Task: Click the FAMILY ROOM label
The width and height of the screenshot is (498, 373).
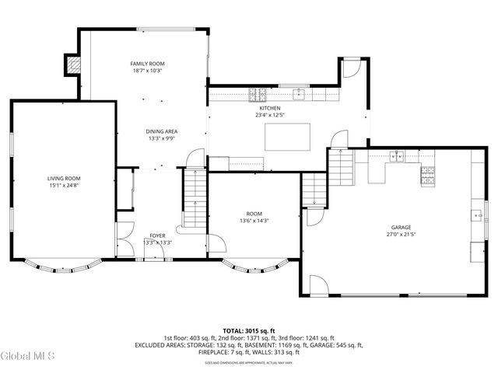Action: pos(147,64)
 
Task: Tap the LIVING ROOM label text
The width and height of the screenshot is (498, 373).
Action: pos(64,178)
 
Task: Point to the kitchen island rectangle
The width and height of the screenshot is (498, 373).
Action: pos(287,136)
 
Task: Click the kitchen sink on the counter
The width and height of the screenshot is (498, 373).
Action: pos(297,95)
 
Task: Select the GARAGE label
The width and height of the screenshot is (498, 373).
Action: pos(401,227)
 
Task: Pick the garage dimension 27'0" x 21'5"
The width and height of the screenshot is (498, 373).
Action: pos(401,234)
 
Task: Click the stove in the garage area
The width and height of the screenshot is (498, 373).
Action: pos(427,176)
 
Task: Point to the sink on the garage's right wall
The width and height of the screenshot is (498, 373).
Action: pos(476,214)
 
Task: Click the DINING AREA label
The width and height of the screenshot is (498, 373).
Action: pos(161,132)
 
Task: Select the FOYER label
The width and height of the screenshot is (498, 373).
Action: pos(158,235)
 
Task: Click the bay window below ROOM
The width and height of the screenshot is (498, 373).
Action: pos(255,268)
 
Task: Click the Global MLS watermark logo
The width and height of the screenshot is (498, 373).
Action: pos(28,356)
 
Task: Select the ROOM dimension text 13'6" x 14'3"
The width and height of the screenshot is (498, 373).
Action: pos(254,220)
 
